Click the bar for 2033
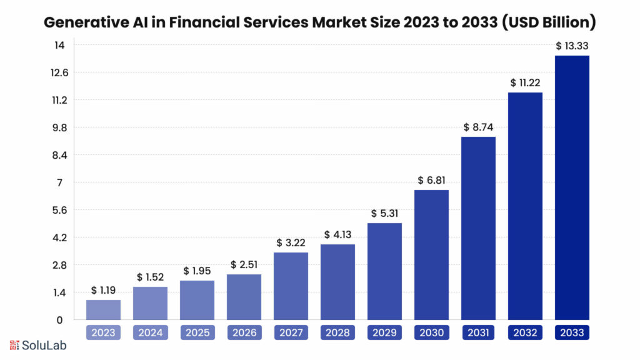point(572,187)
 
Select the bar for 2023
point(103,310)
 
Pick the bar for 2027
point(291,286)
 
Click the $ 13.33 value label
point(572,46)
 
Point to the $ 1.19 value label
point(103,290)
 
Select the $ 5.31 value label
point(384,213)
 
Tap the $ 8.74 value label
point(478,127)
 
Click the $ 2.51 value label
point(244,264)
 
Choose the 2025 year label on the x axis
point(197,332)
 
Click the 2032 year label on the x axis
point(525,332)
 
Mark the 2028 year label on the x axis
point(337,332)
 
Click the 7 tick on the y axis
point(59,182)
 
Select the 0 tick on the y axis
point(59,320)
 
